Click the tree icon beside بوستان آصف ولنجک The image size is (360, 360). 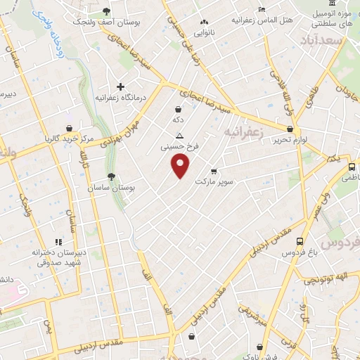click(x=106, y=11)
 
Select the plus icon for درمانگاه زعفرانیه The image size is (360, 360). click(x=120, y=87)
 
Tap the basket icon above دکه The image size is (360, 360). click(x=178, y=109)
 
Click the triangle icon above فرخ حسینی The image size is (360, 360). click(x=181, y=135)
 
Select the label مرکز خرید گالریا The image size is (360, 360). click(x=67, y=139)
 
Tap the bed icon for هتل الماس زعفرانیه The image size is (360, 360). click(x=262, y=10)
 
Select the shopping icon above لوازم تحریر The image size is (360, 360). click(x=290, y=129)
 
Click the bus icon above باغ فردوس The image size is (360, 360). click(x=300, y=241)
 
